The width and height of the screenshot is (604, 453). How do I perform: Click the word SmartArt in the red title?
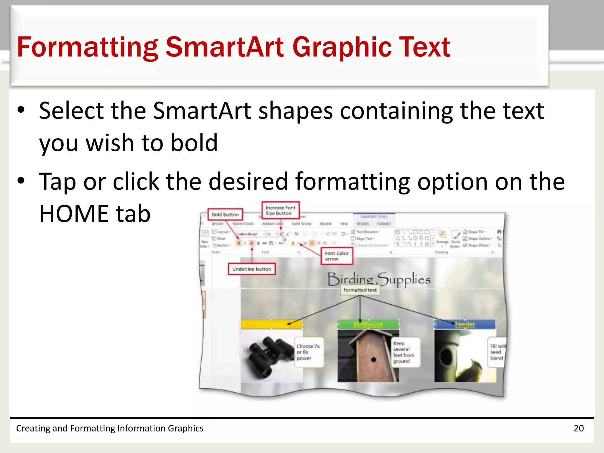tap(225, 47)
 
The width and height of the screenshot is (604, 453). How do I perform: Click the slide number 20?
tap(579, 428)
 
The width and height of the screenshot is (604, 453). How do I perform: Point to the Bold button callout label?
tap(225, 214)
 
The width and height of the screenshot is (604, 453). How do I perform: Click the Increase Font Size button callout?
tap(280, 210)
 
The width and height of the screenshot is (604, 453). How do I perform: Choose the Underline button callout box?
tap(252, 269)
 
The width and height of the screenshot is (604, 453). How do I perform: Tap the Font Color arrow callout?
tap(337, 256)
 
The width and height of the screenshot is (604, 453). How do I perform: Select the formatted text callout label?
tap(360, 290)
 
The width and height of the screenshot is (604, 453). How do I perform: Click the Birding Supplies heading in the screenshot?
tap(379, 279)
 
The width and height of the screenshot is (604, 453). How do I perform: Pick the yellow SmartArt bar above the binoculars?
tap(271, 324)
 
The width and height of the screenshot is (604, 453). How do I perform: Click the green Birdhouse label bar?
tap(368, 324)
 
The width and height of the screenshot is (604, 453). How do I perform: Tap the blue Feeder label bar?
tap(465, 324)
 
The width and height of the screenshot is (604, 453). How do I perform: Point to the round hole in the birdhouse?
tap(374, 360)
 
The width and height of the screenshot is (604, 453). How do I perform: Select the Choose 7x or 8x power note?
tap(308, 352)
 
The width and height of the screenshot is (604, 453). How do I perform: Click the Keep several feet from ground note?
tap(404, 352)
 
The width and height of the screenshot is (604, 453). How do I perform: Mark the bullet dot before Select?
tap(21, 110)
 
